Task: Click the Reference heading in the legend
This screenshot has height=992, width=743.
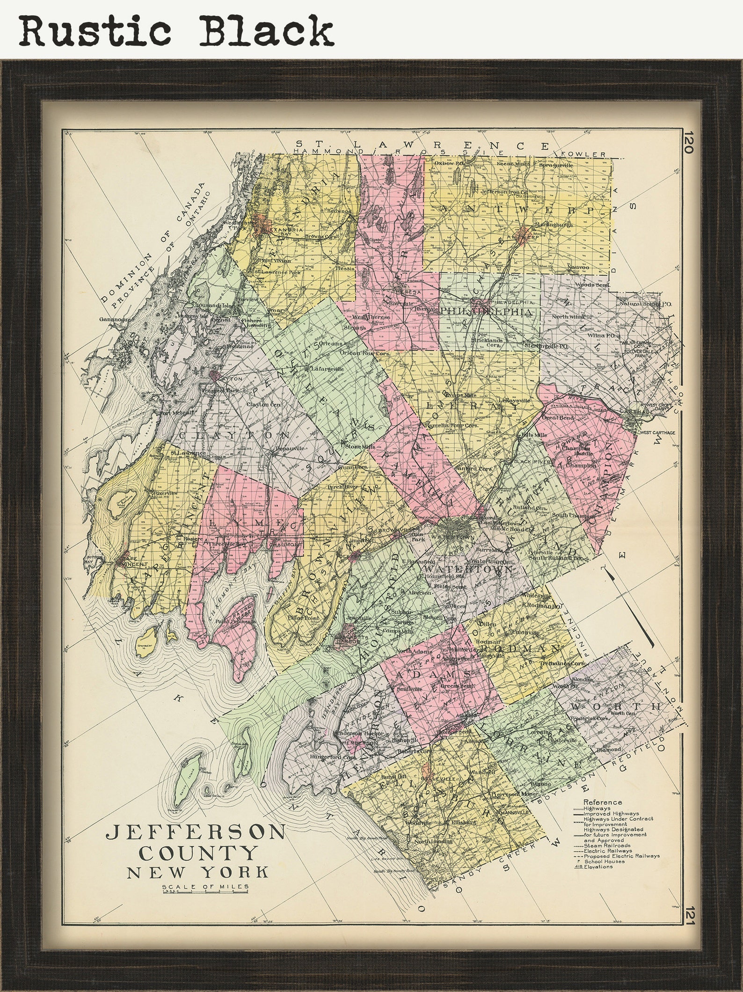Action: point(603,802)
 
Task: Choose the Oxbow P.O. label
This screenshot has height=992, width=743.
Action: point(449,163)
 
